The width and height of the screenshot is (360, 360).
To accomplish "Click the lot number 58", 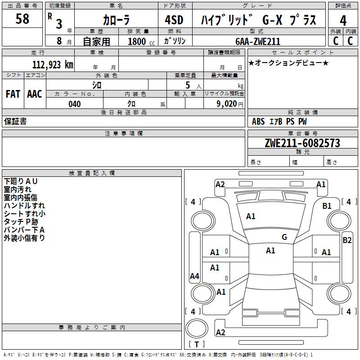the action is [22, 18].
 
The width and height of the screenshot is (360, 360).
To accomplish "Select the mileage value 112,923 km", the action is [53, 65].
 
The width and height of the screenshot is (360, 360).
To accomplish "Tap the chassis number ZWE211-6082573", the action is [302, 143].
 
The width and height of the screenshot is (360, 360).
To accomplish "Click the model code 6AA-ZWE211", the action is [258, 41].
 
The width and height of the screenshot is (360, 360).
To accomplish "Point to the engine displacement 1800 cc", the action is [141, 41].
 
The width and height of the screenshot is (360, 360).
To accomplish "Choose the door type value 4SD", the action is [174, 20].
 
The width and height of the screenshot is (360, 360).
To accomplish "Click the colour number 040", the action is [75, 104].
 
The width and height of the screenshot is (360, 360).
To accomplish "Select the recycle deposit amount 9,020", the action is [227, 104].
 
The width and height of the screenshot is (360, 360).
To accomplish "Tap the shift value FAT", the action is [13, 94].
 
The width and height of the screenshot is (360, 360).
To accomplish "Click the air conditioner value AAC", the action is [35, 94].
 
